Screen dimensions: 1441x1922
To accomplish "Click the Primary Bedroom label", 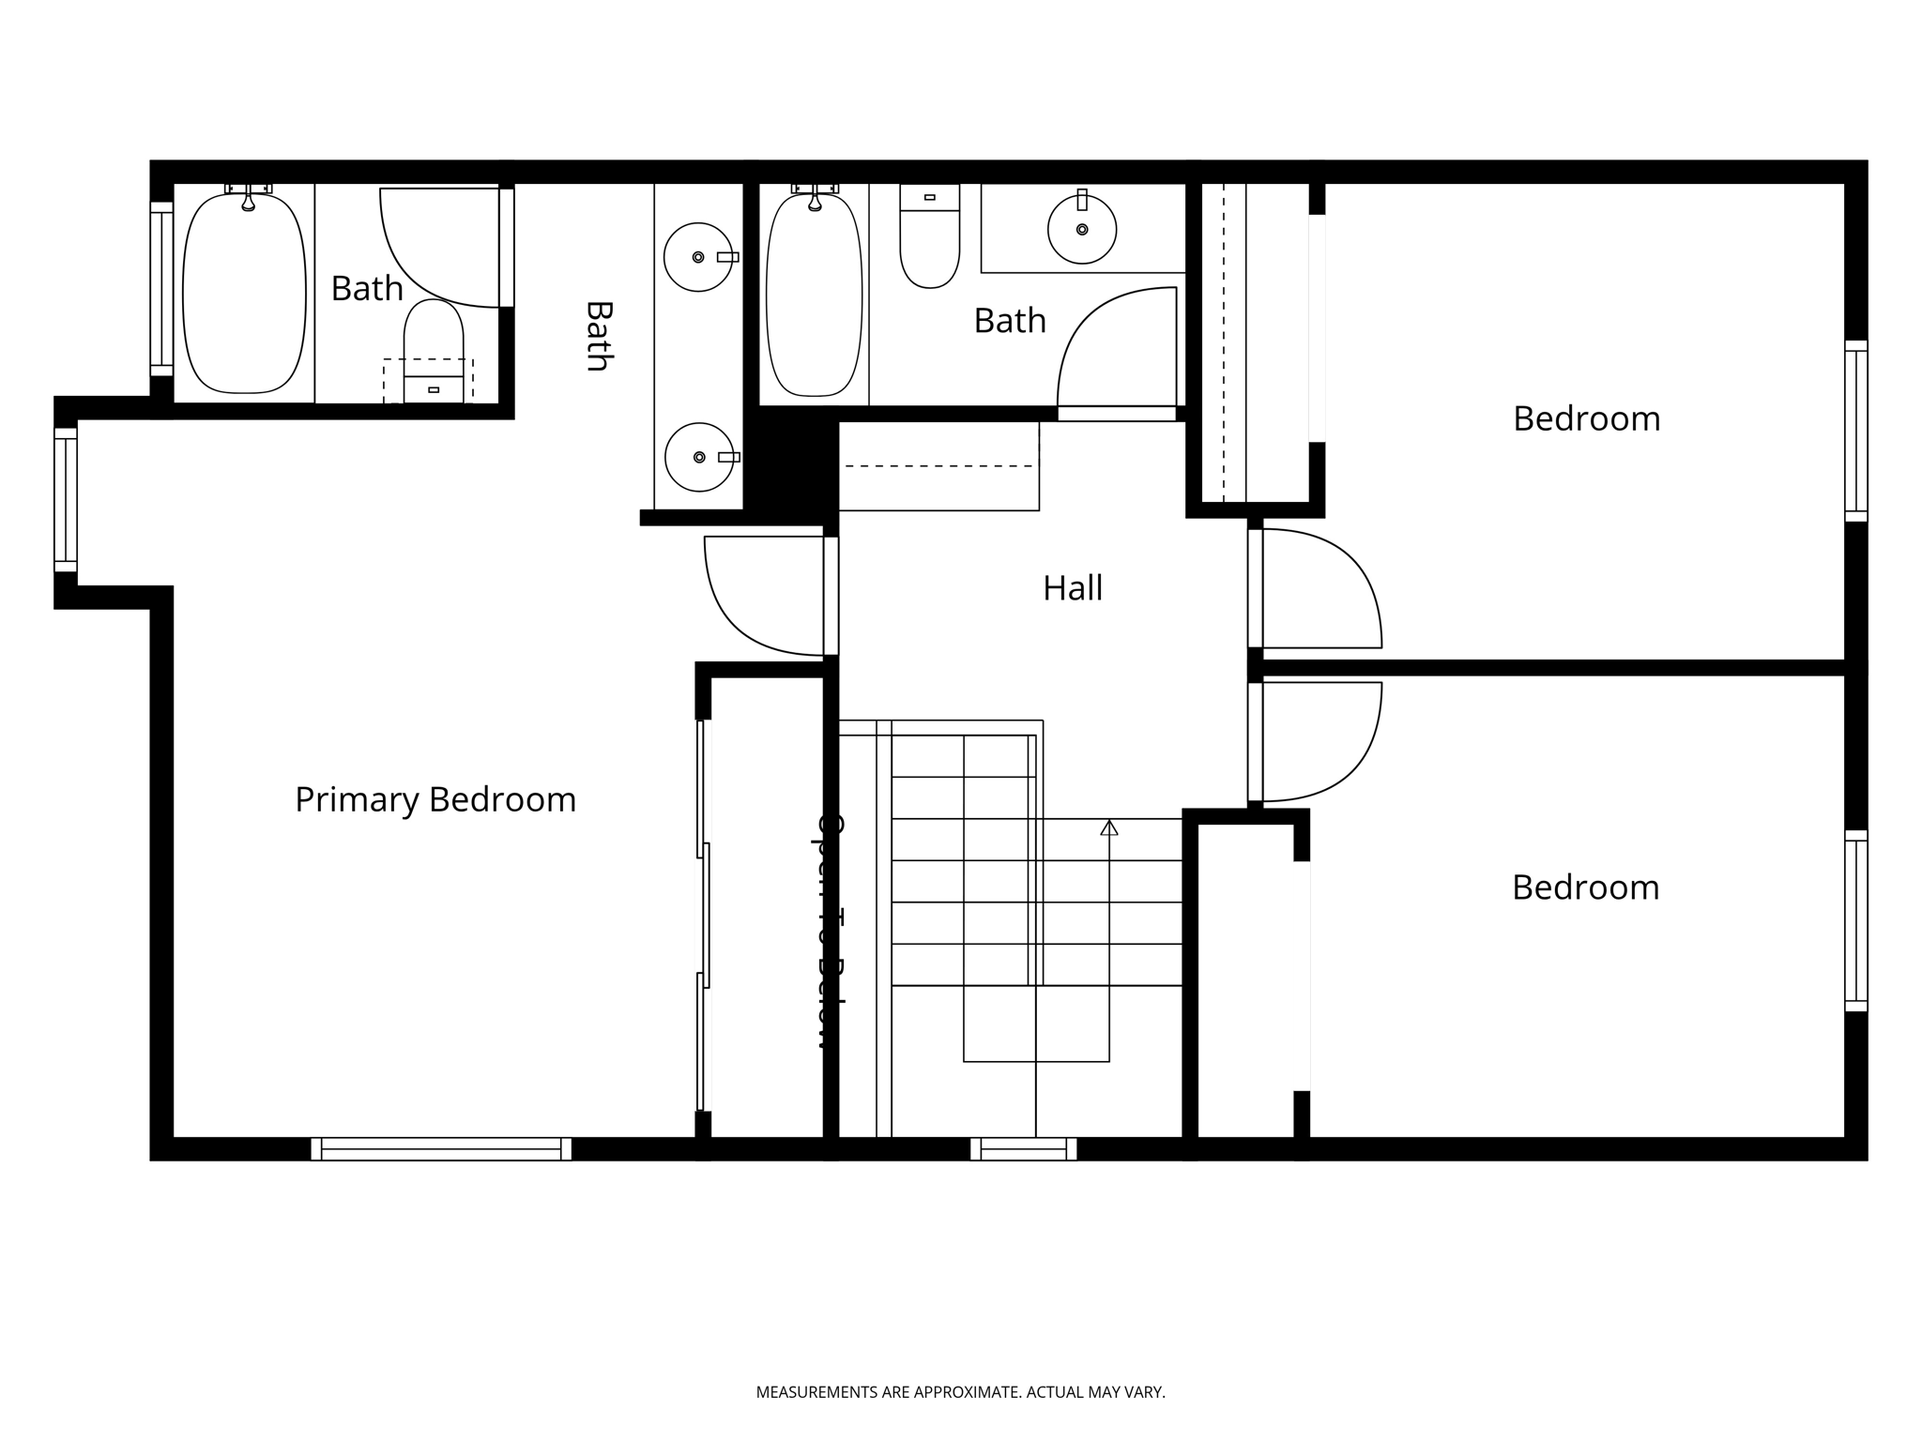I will pyautogui.click(x=435, y=800).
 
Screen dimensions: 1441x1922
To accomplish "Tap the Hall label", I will pyautogui.click(x=1073, y=588).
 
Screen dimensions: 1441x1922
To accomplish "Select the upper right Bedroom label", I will pyautogui.click(x=1586, y=418).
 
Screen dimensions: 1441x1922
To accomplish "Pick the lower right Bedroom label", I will pyautogui.click(x=1585, y=887).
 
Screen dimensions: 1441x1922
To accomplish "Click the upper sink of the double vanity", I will pyautogui.click(x=698, y=257).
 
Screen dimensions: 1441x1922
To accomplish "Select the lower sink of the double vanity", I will pyautogui.click(x=699, y=457).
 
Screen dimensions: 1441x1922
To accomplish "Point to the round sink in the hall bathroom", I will pyautogui.click(x=1082, y=229).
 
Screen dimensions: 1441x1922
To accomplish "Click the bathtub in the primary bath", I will pyautogui.click(x=244, y=293).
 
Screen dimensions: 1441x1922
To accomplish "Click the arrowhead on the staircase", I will pyautogui.click(x=1109, y=827).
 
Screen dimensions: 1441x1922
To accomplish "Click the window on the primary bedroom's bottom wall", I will pyautogui.click(x=441, y=1149).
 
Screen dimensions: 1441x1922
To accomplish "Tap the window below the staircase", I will pyautogui.click(x=1023, y=1149).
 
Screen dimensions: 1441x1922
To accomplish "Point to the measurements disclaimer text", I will pyautogui.click(x=960, y=1392).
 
